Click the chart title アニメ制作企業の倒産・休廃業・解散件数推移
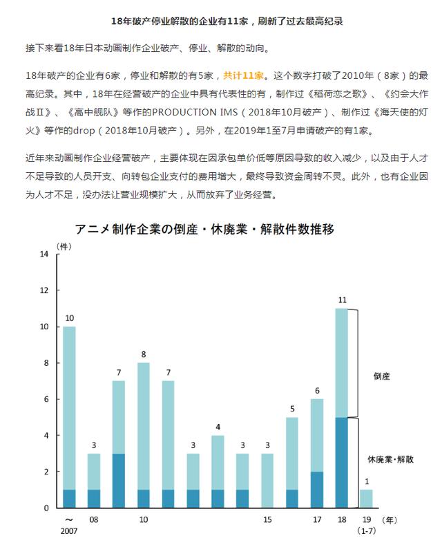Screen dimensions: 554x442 click(204, 229)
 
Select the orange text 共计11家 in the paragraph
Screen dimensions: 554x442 click(242, 76)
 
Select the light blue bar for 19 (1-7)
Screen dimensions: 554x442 click(367, 498)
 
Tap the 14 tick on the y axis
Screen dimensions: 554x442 click(44, 255)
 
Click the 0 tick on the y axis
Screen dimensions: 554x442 click(46, 508)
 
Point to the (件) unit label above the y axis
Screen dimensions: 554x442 click(64, 247)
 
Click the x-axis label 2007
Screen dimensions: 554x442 click(69, 531)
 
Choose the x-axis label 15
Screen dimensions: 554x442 click(268, 519)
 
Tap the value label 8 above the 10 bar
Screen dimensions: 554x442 click(144, 354)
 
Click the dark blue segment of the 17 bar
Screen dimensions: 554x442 click(318, 489)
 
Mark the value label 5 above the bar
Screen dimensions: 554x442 click(293, 408)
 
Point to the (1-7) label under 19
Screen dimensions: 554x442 click(367, 530)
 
